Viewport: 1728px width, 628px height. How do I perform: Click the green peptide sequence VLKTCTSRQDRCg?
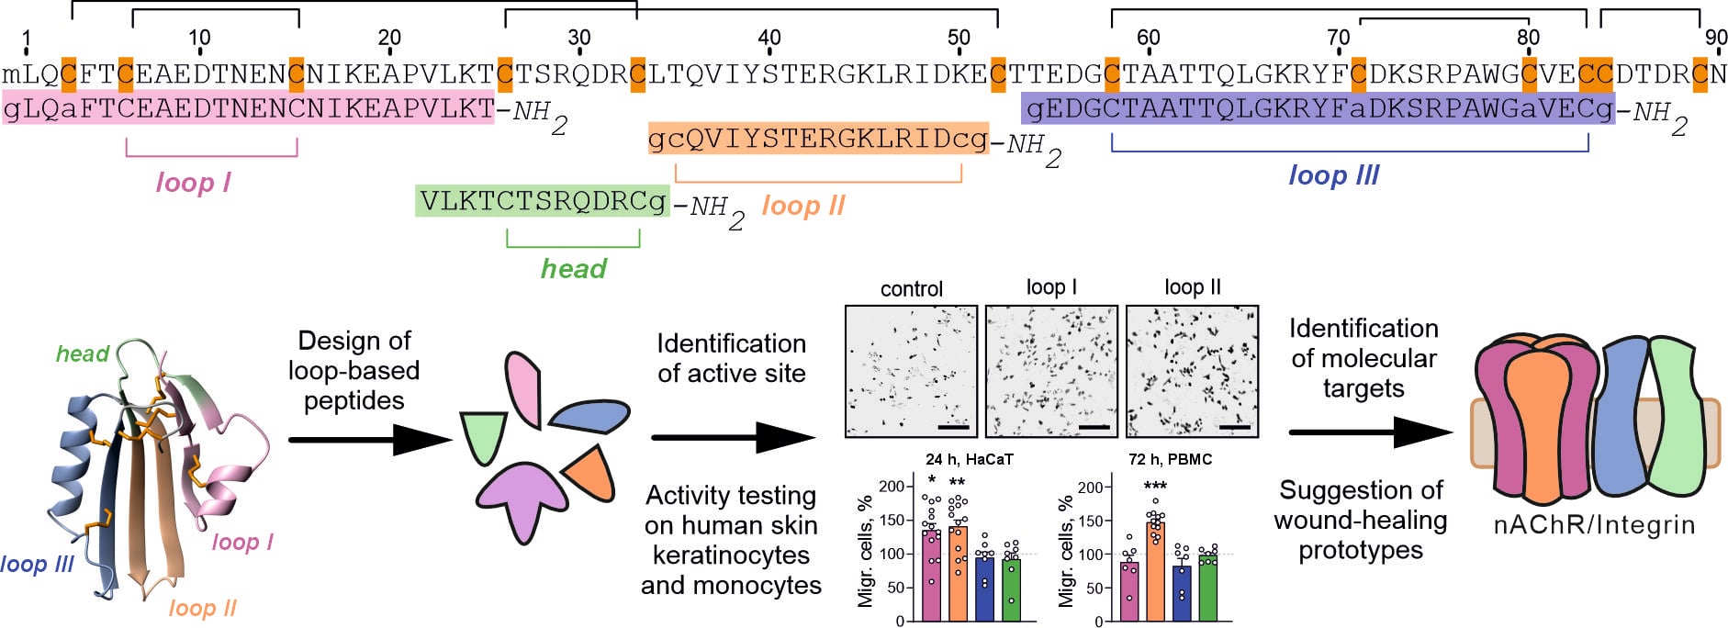[x=542, y=201]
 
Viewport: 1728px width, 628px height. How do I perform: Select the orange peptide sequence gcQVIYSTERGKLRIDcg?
[x=818, y=139]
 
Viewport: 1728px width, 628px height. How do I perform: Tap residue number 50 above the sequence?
[x=959, y=38]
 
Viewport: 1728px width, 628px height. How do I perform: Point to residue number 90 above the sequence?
[x=1715, y=38]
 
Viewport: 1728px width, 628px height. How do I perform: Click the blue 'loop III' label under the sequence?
[x=1333, y=175]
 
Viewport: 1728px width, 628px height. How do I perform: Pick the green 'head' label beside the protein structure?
[x=83, y=353]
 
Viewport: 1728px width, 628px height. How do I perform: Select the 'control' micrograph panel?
[x=912, y=372]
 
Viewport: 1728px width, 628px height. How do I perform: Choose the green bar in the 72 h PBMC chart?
[x=1207, y=588]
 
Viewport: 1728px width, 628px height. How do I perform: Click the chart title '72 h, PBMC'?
[x=1170, y=459]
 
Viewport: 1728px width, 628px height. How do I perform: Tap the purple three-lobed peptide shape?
[x=521, y=496]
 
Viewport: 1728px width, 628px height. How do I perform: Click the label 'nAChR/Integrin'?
[x=1594, y=524]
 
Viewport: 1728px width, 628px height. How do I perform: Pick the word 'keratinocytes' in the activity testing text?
[x=731, y=555]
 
